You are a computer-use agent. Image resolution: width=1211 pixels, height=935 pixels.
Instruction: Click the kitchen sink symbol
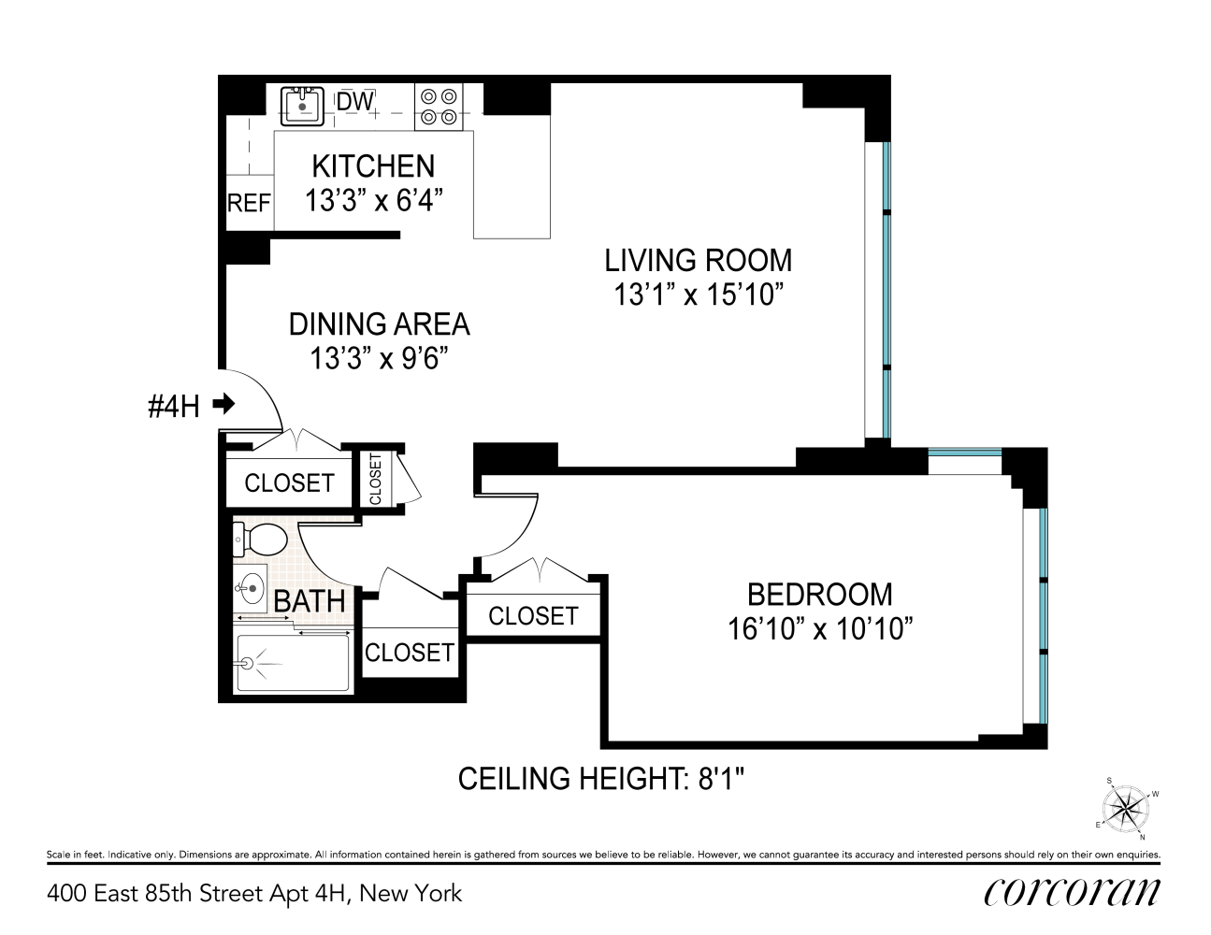click(x=302, y=105)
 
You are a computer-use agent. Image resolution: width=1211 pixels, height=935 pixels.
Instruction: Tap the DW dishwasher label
click(x=354, y=101)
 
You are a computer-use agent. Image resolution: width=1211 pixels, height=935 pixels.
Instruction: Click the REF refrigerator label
click(x=249, y=203)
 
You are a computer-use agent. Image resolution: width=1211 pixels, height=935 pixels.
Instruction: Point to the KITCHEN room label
click(x=373, y=165)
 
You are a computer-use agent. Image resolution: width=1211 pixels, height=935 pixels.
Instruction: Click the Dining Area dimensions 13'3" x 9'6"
click(x=379, y=359)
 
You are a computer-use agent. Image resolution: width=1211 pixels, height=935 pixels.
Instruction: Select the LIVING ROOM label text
click(x=698, y=259)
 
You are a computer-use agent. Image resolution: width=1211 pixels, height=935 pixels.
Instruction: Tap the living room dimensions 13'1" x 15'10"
click(x=698, y=295)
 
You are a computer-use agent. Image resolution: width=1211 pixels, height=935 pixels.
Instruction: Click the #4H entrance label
click(x=174, y=406)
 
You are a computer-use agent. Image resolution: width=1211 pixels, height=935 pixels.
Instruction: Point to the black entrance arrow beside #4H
click(x=223, y=404)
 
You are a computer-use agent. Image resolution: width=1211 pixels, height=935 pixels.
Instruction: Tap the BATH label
click(x=310, y=600)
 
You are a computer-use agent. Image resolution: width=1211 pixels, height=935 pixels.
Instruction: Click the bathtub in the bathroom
click(x=292, y=664)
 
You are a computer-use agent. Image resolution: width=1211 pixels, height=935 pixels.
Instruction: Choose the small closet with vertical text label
click(x=376, y=480)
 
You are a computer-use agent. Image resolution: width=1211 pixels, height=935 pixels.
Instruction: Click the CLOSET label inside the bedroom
click(x=533, y=616)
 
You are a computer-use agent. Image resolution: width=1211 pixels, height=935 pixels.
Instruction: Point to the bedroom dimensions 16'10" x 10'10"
click(x=819, y=629)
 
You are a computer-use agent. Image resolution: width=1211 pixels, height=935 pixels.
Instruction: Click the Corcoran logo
click(x=1072, y=892)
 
